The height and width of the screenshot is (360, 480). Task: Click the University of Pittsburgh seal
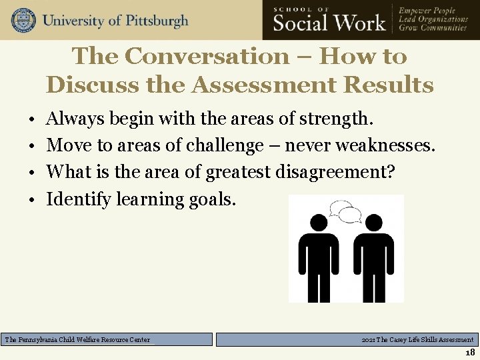tap(23, 20)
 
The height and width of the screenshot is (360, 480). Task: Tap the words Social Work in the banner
tap(329, 23)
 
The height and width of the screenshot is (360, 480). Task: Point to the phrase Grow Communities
tap(433, 28)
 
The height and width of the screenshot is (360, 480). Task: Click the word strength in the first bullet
tap(336, 119)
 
